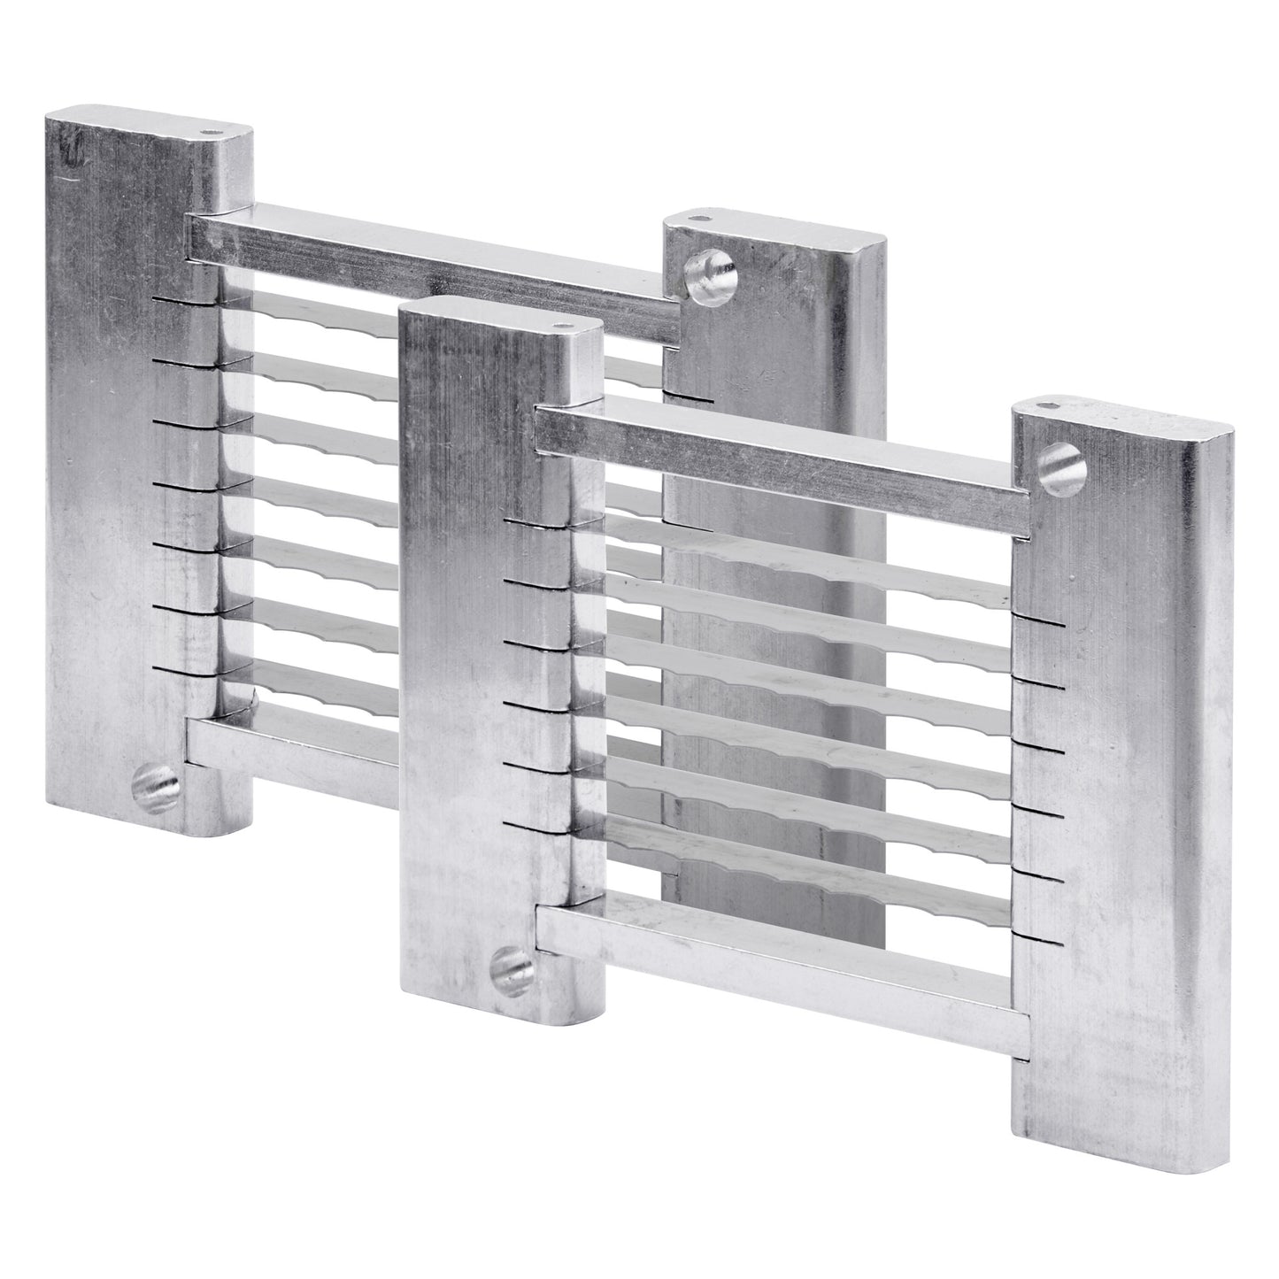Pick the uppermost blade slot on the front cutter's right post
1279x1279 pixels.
(x=1040, y=622)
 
